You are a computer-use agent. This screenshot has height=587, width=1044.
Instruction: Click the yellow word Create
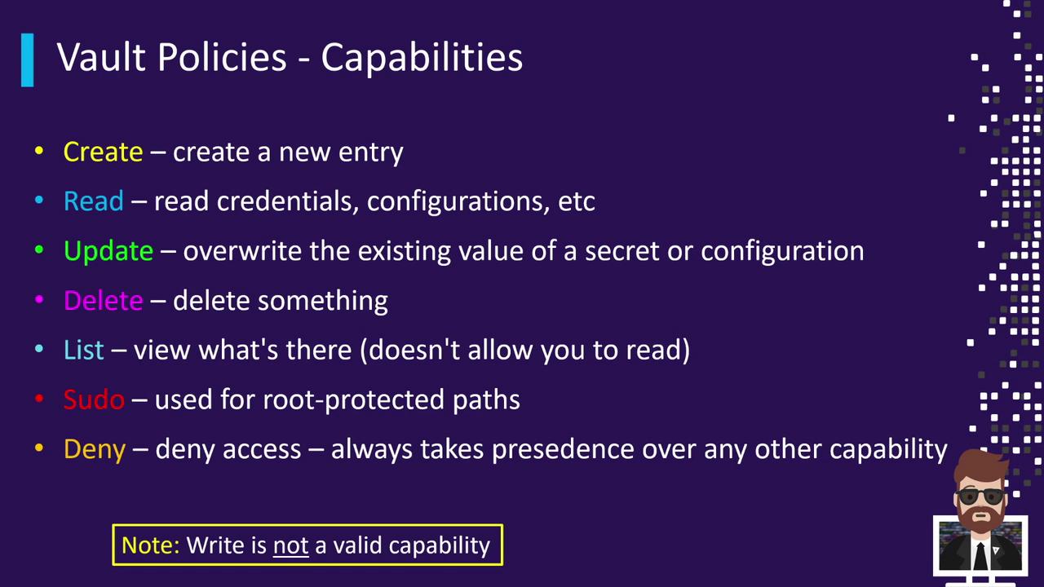[x=103, y=152]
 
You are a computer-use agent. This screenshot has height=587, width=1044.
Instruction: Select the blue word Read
[x=94, y=201]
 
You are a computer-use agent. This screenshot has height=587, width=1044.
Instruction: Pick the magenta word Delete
[x=103, y=301]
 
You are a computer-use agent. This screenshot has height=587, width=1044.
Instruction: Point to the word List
[x=84, y=350]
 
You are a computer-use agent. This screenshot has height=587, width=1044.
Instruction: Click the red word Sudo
[x=94, y=399]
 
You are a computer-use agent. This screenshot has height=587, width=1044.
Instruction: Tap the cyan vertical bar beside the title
[x=28, y=60]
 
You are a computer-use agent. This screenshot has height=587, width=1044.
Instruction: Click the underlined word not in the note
[x=291, y=546]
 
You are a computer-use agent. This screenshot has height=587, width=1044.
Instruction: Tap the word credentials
[x=288, y=201]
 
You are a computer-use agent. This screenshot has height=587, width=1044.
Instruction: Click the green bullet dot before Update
[x=39, y=249]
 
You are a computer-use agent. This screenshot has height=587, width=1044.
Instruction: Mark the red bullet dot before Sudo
[x=39, y=399]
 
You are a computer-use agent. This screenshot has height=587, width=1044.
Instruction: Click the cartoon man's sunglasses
[x=980, y=497]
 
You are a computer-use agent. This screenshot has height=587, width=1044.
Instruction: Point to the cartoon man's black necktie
[x=980, y=556]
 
